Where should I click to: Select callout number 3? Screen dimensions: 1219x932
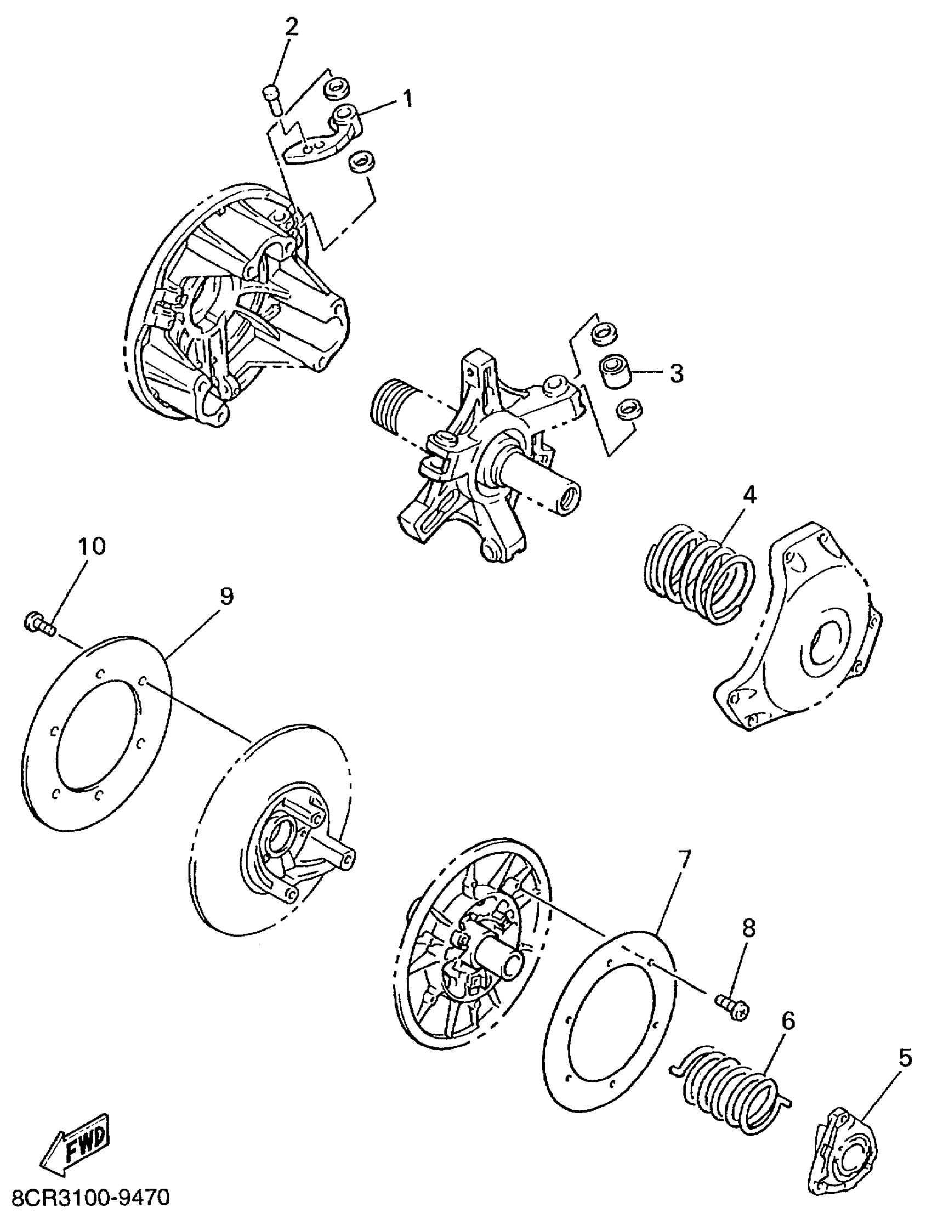pyautogui.click(x=677, y=373)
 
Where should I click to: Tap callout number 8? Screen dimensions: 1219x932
pyautogui.click(x=749, y=928)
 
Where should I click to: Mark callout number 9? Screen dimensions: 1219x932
pyautogui.click(x=227, y=597)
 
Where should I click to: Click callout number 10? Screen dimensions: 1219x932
pyautogui.click(x=92, y=547)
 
